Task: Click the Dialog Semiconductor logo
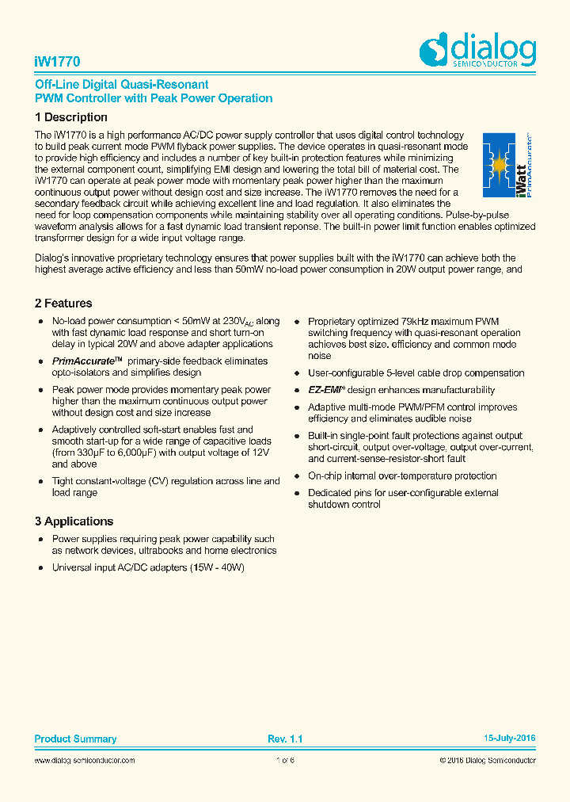point(477,52)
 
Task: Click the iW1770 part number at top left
point(57,61)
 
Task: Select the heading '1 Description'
point(70,117)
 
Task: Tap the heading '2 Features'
point(63,304)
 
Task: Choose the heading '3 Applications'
point(74,521)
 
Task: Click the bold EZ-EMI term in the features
point(324,390)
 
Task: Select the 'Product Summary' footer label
point(75,739)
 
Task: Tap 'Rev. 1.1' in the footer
point(285,739)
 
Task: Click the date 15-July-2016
point(509,739)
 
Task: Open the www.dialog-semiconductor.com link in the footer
point(85,761)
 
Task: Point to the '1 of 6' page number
point(285,761)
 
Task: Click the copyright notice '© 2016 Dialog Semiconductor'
point(487,761)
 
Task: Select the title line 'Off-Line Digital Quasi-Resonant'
point(122,85)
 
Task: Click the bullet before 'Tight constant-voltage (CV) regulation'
point(40,482)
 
